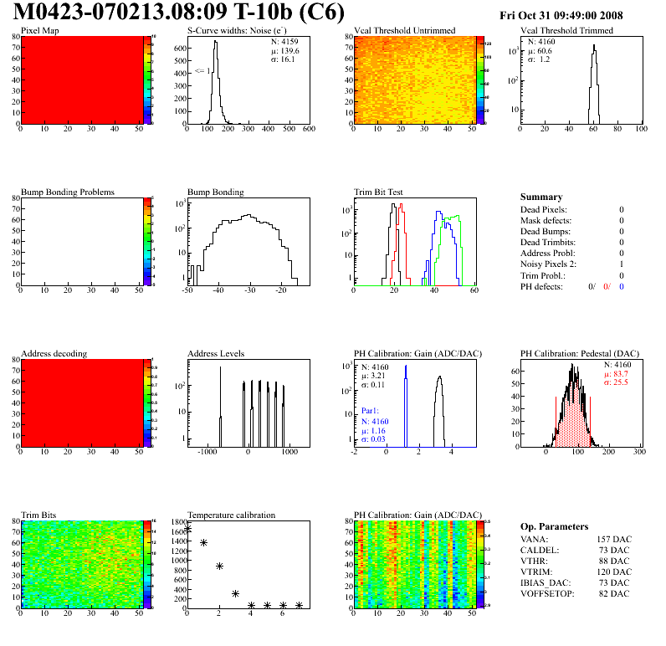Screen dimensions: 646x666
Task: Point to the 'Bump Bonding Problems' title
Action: click(x=68, y=192)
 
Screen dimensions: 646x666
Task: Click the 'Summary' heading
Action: click(x=541, y=197)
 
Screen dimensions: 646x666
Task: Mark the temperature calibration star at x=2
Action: click(x=219, y=567)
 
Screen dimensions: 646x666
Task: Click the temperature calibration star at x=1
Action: click(x=203, y=543)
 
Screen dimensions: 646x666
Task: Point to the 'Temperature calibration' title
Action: click(x=231, y=515)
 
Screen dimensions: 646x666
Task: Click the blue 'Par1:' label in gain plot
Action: click(x=371, y=411)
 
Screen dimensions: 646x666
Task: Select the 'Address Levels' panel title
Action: click(x=216, y=354)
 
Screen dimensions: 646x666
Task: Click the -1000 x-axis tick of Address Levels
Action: click(x=204, y=452)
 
